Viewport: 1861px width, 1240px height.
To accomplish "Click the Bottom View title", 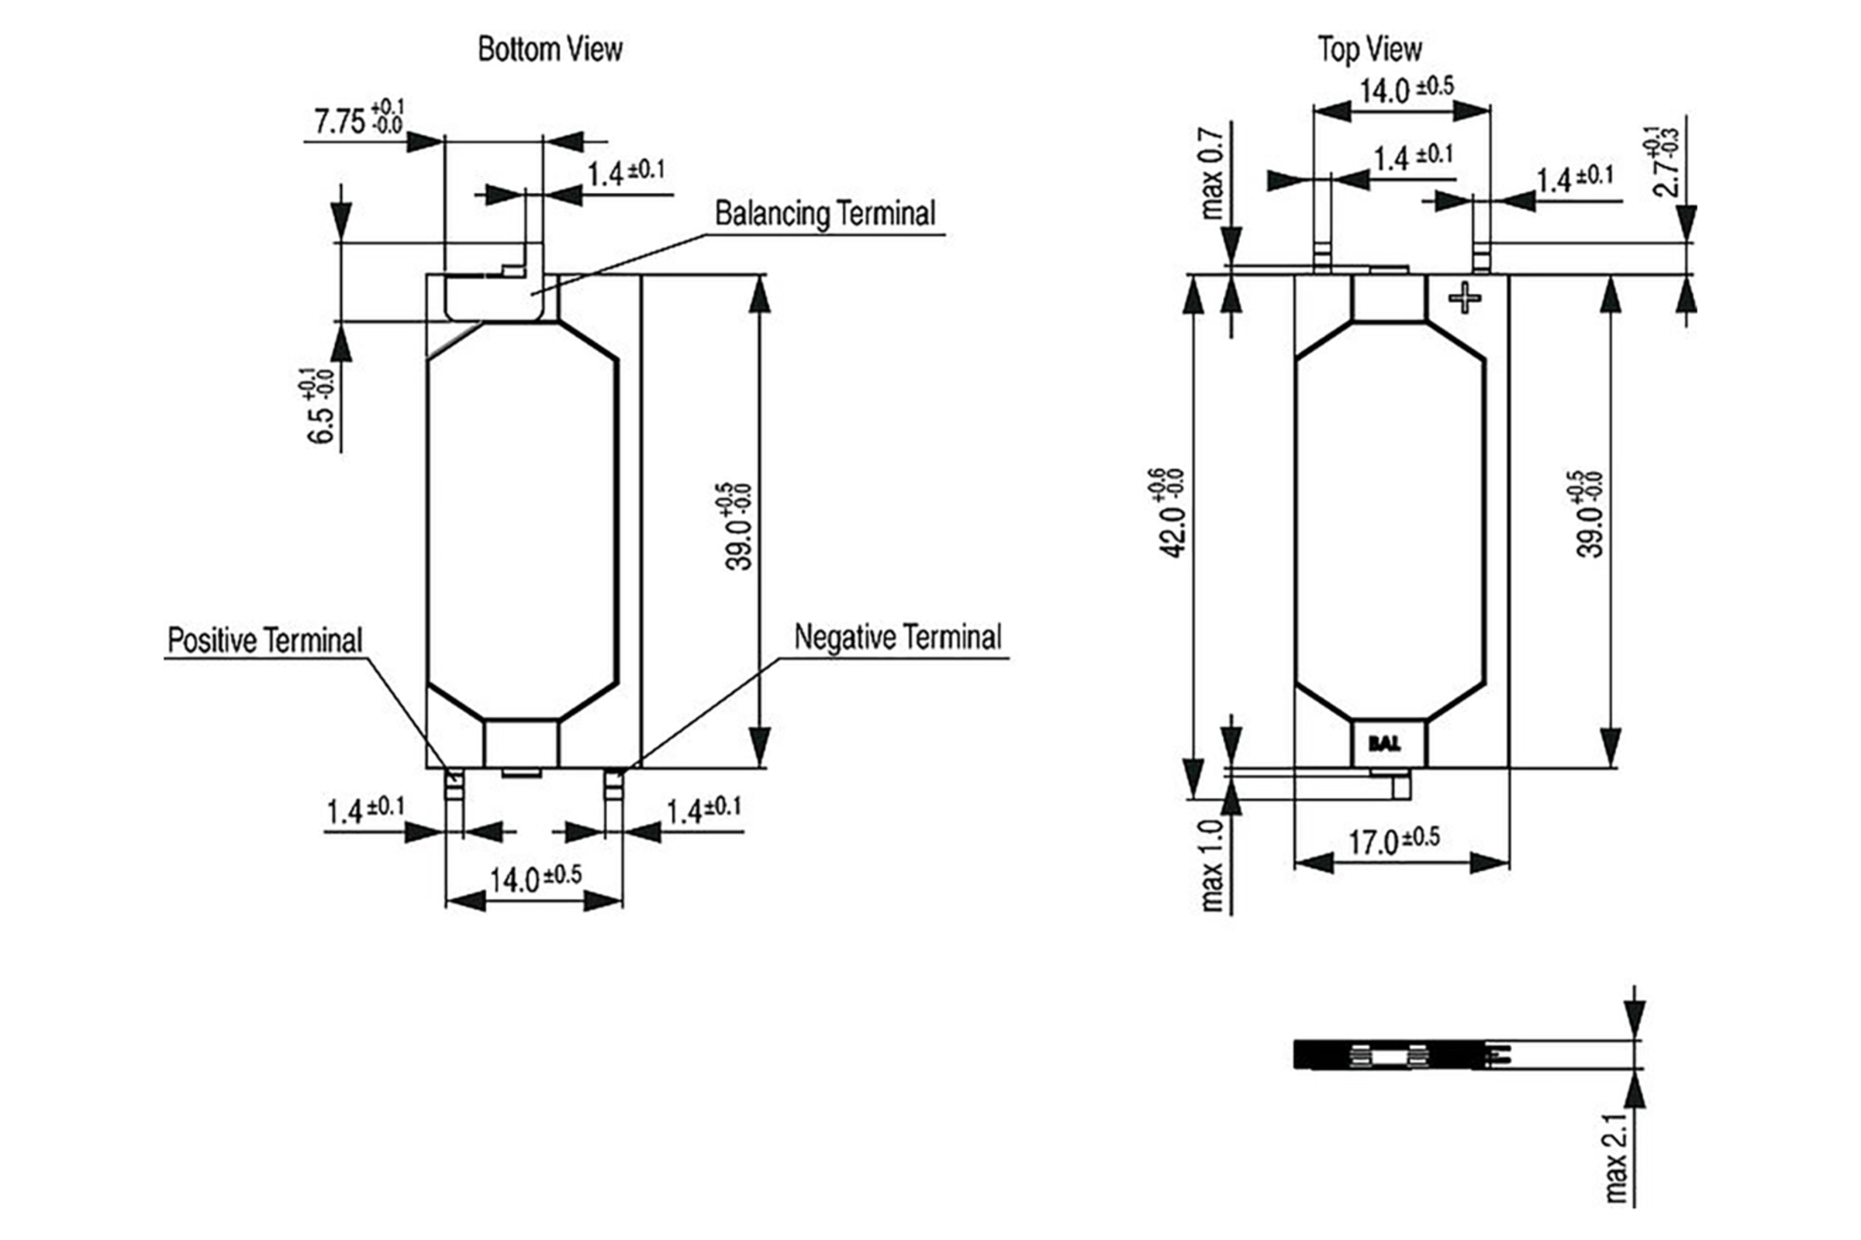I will (550, 49).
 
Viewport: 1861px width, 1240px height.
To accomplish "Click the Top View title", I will (1369, 49).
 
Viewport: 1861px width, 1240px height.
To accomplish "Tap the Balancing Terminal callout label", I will (824, 214).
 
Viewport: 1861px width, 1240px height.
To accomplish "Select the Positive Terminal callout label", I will (264, 640).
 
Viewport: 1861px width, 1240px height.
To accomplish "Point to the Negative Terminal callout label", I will (897, 637).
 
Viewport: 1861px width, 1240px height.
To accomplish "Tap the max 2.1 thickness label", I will (1617, 1159).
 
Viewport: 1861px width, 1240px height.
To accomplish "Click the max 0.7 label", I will (1211, 173).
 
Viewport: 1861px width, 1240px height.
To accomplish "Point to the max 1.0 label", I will (1211, 866).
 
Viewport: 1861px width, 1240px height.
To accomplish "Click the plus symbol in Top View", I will (1465, 298).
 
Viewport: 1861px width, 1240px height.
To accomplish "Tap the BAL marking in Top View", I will (1384, 744).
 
